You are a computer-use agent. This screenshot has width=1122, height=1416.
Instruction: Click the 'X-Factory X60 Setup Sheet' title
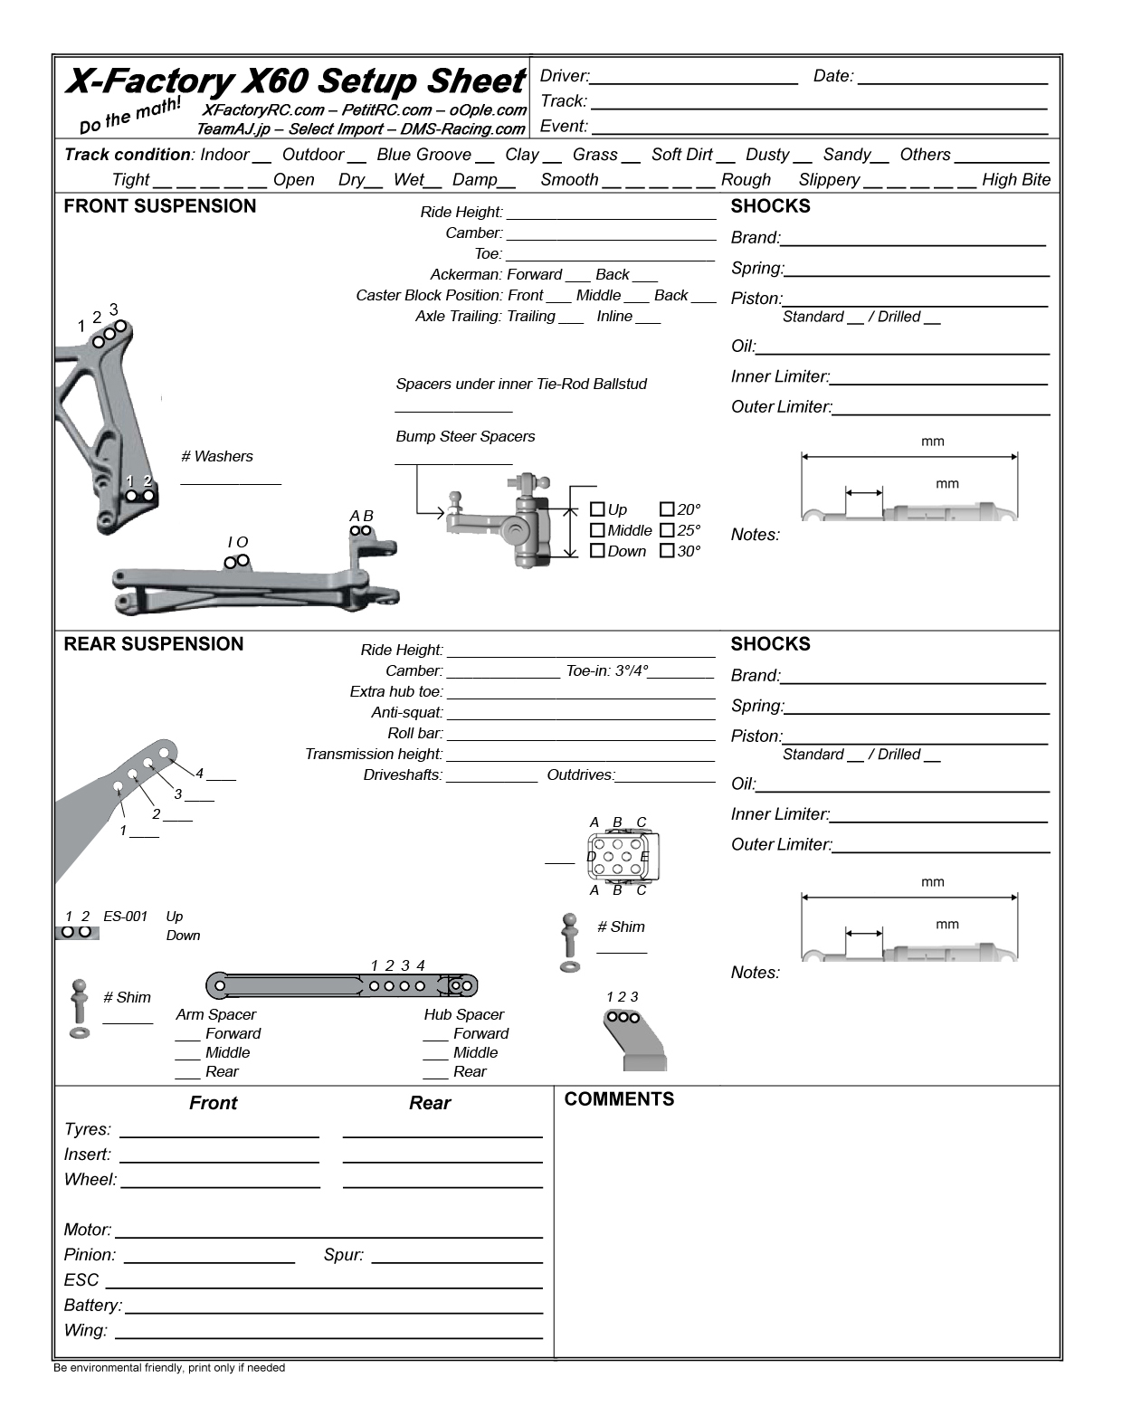[294, 81]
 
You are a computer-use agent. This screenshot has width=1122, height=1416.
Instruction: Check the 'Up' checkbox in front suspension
[597, 509]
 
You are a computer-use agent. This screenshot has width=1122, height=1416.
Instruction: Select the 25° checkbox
[667, 530]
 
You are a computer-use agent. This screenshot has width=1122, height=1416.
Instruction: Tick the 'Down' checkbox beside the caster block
[597, 551]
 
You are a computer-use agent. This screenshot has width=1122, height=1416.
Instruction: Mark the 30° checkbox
[667, 551]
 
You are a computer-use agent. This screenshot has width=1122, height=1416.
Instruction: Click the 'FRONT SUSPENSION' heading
[160, 206]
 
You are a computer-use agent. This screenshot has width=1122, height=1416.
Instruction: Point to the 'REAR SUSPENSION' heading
[154, 644]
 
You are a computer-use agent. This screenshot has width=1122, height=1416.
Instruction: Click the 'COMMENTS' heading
[619, 1099]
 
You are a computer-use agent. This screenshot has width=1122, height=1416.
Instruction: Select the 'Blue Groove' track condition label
[423, 155]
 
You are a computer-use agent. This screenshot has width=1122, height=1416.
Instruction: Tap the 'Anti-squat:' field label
[407, 713]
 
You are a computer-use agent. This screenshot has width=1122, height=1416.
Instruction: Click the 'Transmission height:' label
[374, 755]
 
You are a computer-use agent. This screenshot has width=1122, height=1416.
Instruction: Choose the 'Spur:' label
[344, 1255]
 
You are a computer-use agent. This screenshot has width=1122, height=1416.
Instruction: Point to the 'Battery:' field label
[92, 1306]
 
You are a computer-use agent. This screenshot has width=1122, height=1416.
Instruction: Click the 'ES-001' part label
[125, 917]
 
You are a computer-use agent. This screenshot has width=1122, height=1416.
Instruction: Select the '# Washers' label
[217, 457]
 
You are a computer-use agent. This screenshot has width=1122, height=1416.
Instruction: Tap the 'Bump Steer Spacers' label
[465, 437]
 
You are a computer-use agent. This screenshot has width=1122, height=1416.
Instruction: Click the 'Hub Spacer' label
[463, 1015]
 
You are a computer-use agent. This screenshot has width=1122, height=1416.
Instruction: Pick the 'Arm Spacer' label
[215, 1015]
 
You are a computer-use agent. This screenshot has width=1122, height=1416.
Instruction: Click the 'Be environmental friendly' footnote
[169, 1368]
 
